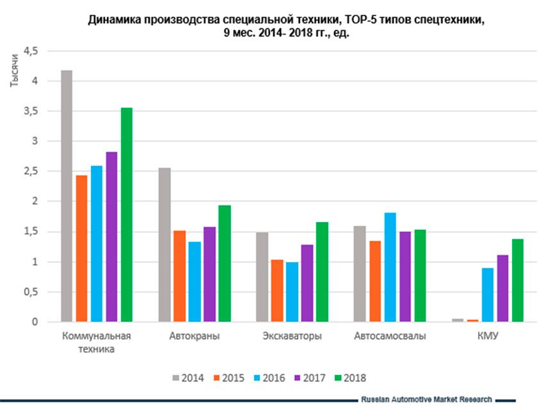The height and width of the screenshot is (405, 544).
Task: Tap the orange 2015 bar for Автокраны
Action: point(179,276)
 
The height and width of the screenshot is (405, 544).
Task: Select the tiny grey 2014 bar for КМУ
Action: point(457,320)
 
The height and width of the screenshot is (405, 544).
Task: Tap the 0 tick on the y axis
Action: point(35,322)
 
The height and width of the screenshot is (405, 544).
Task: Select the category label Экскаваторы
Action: point(292,336)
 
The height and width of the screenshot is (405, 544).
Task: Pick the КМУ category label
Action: point(488,336)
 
